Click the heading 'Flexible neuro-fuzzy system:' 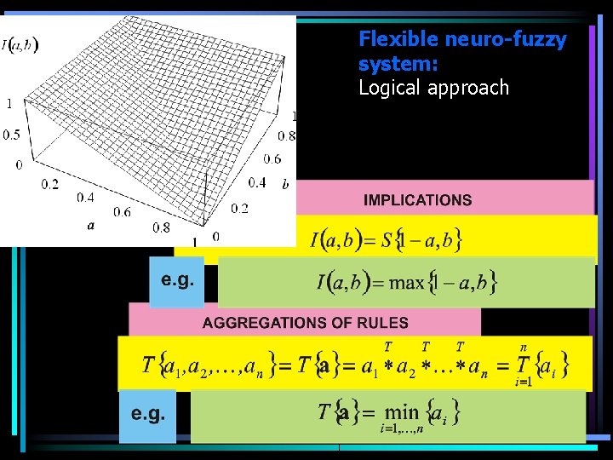462,51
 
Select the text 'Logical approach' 433,88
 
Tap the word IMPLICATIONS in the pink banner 417,200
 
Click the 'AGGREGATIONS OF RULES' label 305,323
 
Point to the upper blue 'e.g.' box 176,281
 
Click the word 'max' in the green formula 406,282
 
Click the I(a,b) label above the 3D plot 20,43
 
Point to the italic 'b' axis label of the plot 285,183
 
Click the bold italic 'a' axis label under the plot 89,225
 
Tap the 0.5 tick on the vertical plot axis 11,135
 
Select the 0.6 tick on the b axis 272,158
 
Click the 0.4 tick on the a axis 85,198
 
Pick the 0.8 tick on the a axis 160,227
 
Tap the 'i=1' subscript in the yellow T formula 523,382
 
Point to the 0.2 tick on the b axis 239,209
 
